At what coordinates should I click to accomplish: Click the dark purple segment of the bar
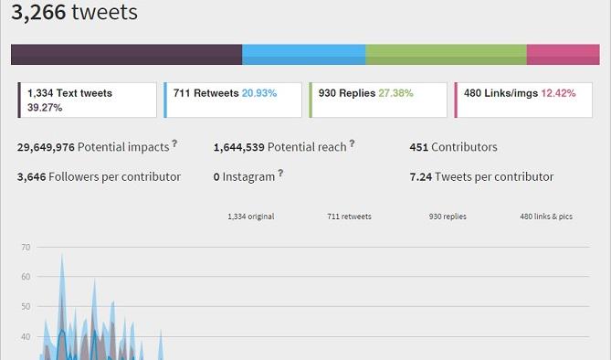pyautogui.click(x=127, y=55)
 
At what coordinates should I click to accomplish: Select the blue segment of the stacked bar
pyautogui.click(x=304, y=55)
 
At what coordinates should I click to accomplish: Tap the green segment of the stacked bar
pyautogui.click(x=447, y=55)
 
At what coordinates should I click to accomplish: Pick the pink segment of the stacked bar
pyautogui.click(x=564, y=55)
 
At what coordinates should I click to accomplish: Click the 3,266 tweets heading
pyautogui.click(x=74, y=12)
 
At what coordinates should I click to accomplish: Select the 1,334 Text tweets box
pyautogui.click(x=88, y=100)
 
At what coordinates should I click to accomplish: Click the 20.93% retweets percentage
pyautogui.click(x=259, y=93)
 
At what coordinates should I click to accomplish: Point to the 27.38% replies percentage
pyautogui.click(x=395, y=93)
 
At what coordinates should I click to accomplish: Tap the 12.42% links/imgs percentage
pyautogui.click(x=558, y=93)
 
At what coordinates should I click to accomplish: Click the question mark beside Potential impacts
pyautogui.click(x=174, y=144)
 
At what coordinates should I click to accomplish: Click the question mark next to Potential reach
pyautogui.click(x=352, y=144)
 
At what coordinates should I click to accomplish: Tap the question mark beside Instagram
pyautogui.click(x=280, y=174)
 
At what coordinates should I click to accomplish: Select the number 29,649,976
pyautogui.click(x=46, y=147)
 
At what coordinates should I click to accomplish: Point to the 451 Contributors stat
pyautogui.click(x=454, y=147)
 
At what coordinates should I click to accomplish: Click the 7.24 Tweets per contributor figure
pyautogui.click(x=481, y=176)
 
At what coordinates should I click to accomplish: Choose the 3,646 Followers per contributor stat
pyautogui.click(x=99, y=176)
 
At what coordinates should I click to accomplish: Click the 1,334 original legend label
pyautogui.click(x=251, y=217)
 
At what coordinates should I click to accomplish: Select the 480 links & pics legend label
pyautogui.click(x=546, y=217)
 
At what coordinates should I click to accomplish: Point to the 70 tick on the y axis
pyautogui.click(x=26, y=248)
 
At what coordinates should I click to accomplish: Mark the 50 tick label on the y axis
pyautogui.click(x=26, y=307)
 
